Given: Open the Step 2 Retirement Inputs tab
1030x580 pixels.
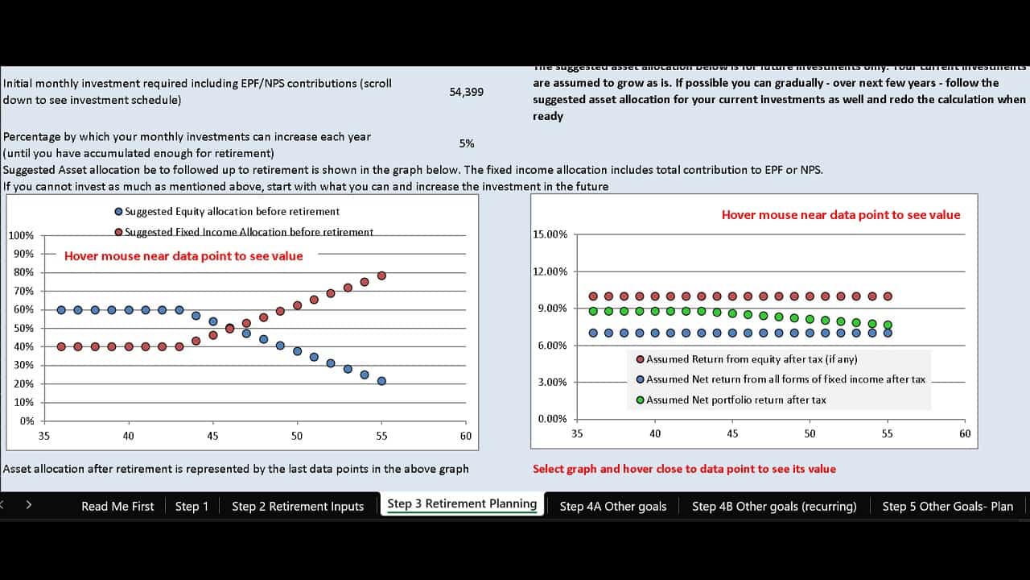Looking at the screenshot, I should click(298, 506).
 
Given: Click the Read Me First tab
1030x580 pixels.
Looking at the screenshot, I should click(117, 506).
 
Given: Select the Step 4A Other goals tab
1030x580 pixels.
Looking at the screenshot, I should click(613, 506).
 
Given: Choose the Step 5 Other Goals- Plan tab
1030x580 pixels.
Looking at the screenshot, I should click(947, 506).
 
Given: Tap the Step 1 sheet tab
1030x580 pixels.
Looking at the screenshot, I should click(192, 506).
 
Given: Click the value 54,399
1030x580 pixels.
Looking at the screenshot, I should click(467, 92).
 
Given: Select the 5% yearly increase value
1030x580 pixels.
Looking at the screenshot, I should click(467, 143).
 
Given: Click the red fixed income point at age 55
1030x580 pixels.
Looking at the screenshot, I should click(381, 275).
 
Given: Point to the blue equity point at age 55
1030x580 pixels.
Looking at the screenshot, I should click(381, 381).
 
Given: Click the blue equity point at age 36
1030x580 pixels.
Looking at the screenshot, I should click(61, 309).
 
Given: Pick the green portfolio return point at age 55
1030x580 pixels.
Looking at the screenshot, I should click(888, 325).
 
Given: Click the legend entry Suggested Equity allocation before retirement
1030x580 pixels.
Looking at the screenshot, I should click(232, 212).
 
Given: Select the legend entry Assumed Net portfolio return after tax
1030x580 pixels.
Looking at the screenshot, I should click(735, 400).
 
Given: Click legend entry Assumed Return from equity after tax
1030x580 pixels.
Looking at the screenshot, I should click(752, 359).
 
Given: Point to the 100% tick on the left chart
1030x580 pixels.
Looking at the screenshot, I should click(21, 235).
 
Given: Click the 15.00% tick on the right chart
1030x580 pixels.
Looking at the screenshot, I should click(550, 234).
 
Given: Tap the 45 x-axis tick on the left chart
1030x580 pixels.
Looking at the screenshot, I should click(212, 436).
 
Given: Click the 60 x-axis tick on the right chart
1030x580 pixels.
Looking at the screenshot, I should click(965, 433).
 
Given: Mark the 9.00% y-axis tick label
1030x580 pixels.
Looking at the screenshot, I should click(552, 309).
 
